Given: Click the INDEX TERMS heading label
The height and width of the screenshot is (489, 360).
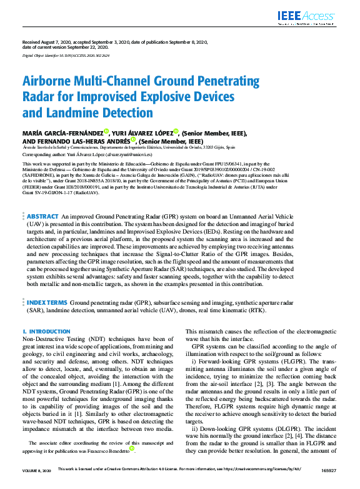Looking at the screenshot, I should (47, 302).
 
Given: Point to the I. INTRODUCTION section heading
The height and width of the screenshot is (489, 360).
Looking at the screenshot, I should (46, 331).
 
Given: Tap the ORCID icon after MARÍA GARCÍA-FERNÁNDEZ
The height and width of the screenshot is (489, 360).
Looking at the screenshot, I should (106, 132).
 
